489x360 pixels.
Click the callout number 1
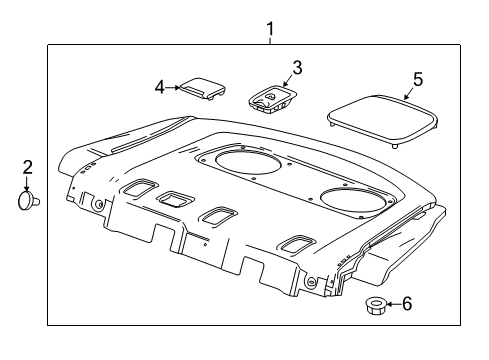270,29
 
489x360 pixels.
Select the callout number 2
27,167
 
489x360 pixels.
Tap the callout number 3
297,68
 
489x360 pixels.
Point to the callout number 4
160,88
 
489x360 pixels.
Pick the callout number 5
418,80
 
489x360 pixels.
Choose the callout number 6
407,304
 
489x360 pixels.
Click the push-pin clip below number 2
28,201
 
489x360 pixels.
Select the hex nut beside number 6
376,305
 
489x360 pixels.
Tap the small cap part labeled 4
203,89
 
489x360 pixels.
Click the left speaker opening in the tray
248,163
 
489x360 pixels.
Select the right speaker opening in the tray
355,201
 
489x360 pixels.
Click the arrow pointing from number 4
173,88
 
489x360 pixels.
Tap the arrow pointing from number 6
394,304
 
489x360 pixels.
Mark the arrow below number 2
27,184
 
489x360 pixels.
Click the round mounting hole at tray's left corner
98,205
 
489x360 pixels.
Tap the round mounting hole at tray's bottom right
311,281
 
